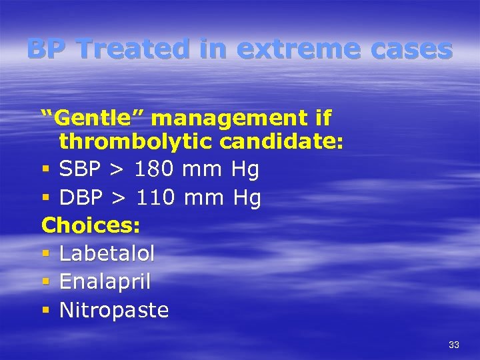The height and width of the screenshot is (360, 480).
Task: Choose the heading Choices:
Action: coord(91,225)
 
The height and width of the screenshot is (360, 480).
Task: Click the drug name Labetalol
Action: coord(107,253)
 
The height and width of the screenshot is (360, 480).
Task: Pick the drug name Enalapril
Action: coord(105,282)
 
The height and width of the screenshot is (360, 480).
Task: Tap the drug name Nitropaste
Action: coord(114,310)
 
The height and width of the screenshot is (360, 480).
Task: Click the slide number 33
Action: coord(454,345)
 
